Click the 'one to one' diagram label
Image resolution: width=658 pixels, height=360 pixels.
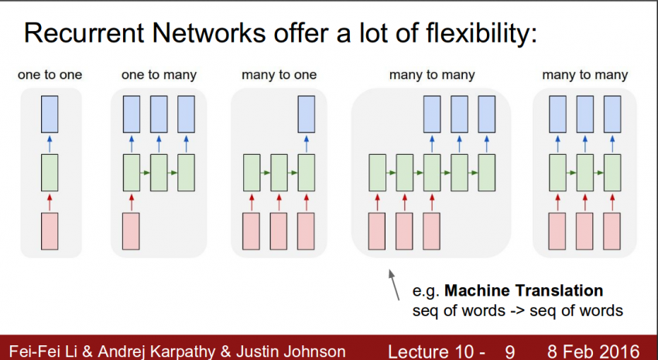click(50, 75)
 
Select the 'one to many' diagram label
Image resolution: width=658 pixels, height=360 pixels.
click(159, 75)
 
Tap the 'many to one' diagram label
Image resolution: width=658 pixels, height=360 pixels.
click(279, 75)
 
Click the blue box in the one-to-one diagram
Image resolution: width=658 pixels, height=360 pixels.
click(50, 115)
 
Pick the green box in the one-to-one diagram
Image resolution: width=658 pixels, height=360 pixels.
click(50, 172)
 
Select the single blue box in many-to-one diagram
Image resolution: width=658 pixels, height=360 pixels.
click(307, 115)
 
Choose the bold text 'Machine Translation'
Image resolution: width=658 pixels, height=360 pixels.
click(523, 291)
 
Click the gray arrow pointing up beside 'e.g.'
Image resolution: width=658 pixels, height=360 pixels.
click(395, 283)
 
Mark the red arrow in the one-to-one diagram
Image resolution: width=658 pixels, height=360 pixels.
click(50, 201)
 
